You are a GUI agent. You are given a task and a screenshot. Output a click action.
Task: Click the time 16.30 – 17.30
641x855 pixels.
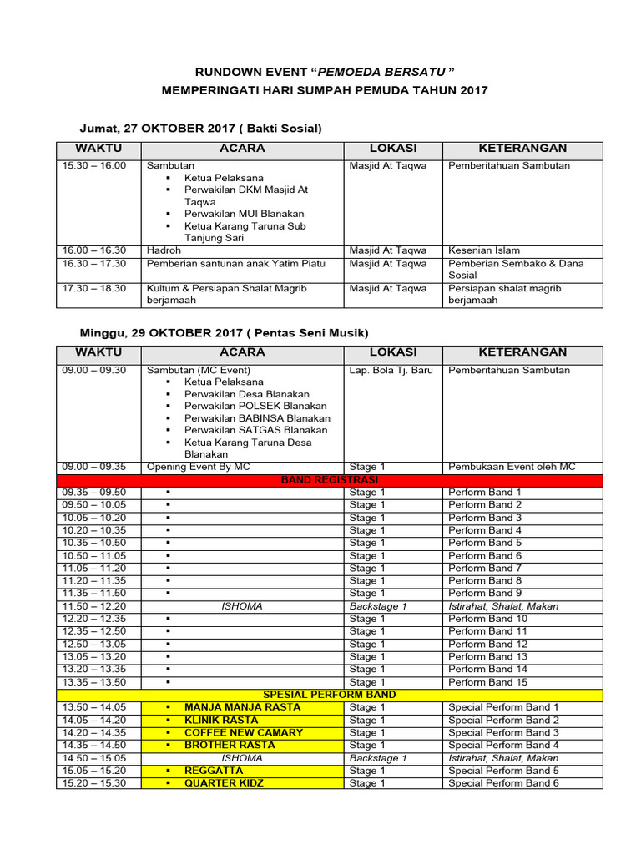pyautogui.click(x=93, y=263)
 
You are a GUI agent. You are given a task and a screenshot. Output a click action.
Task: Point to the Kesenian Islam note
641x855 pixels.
pyautogui.click(x=483, y=250)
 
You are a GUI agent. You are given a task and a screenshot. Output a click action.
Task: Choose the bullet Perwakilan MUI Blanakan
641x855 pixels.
pyautogui.click(x=244, y=214)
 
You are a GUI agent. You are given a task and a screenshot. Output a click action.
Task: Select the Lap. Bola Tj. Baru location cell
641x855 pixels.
pyautogui.click(x=391, y=370)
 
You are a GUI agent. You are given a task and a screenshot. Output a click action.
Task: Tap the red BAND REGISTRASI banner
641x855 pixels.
pyautogui.click(x=329, y=480)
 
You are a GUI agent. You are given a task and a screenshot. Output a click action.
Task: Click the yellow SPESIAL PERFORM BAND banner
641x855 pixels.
pyautogui.click(x=329, y=695)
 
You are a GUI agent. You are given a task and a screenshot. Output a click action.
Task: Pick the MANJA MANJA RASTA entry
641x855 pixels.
pyautogui.click(x=242, y=707)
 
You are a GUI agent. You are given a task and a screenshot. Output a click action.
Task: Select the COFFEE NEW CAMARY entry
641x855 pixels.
pyautogui.click(x=244, y=732)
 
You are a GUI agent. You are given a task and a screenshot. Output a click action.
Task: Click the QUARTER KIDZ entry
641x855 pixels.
pyautogui.click(x=223, y=783)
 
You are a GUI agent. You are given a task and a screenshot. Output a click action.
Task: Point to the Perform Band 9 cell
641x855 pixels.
pyautogui.click(x=485, y=594)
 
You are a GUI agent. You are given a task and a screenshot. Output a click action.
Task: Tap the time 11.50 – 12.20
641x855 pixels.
pyautogui.click(x=93, y=606)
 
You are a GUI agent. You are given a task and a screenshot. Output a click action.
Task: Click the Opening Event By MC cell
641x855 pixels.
pyautogui.click(x=198, y=468)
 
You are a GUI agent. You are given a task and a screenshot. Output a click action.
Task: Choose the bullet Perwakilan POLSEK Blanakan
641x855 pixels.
pyautogui.click(x=255, y=406)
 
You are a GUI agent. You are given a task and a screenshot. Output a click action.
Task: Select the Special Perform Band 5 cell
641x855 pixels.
pyautogui.click(x=503, y=771)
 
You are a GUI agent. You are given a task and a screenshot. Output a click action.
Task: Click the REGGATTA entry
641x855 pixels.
pyautogui.click(x=215, y=771)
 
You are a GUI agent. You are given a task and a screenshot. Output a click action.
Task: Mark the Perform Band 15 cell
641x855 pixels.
pyautogui.click(x=487, y=682)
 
